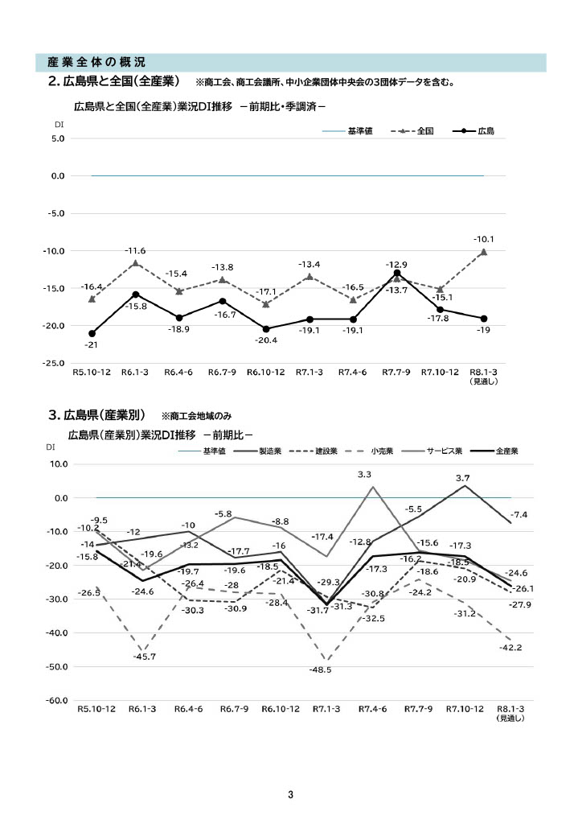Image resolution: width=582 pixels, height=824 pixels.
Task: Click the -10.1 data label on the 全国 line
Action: pos(484,239)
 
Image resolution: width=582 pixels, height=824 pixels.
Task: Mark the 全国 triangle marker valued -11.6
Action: pos(135,263)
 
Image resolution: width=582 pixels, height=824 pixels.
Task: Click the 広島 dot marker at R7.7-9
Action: pos(397,274)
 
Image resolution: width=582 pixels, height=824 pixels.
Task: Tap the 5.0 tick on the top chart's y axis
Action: pos(57,138)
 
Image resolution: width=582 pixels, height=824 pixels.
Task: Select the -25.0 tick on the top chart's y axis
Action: pos(54,364)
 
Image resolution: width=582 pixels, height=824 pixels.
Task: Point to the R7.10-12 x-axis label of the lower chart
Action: pos(465,710)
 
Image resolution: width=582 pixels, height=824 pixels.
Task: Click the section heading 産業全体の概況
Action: pos(96,62)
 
